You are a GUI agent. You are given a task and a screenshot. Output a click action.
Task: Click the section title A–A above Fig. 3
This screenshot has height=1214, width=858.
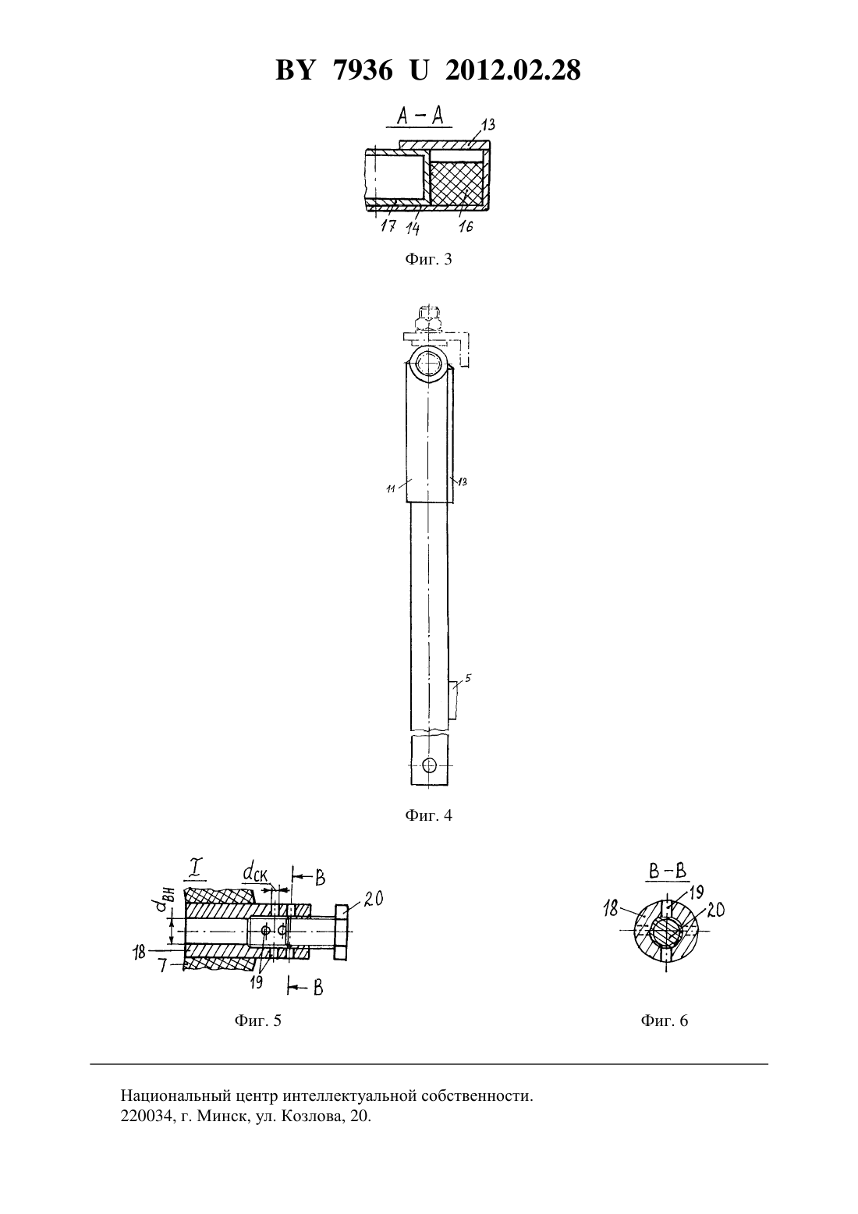tap(420, 116)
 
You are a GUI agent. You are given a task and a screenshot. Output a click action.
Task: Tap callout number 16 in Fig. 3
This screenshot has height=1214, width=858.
tap(466, 225)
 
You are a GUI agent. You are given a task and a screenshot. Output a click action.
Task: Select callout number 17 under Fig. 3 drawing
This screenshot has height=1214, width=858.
tap(388, 225)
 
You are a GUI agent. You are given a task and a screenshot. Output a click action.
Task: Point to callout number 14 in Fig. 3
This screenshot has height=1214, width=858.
tap(413, 228)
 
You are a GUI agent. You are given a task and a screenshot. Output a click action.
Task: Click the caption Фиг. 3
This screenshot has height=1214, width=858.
tap(428, 259)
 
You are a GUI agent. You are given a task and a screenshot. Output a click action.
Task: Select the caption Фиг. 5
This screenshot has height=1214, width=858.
tap(258, 1021)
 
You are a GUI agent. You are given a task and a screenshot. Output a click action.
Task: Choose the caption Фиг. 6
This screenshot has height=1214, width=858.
tap(664, 1021)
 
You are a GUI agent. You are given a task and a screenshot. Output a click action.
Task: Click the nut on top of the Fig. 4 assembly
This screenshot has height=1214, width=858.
tap(428, 318)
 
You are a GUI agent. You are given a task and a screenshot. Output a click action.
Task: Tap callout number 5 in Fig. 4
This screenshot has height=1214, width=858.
tap(468, 677)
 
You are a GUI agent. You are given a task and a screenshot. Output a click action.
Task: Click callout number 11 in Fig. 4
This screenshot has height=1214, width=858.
tap(391, 488)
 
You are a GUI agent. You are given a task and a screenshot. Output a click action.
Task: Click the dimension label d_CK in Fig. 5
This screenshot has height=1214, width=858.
tap(255, 872)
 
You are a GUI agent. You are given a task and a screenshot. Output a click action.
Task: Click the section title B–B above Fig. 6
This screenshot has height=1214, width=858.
tap(668, 871)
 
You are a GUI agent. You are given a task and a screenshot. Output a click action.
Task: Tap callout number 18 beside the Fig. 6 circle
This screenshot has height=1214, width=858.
tap(611, 909)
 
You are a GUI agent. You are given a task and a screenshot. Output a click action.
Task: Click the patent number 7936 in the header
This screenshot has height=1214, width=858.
tap(363, 70)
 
